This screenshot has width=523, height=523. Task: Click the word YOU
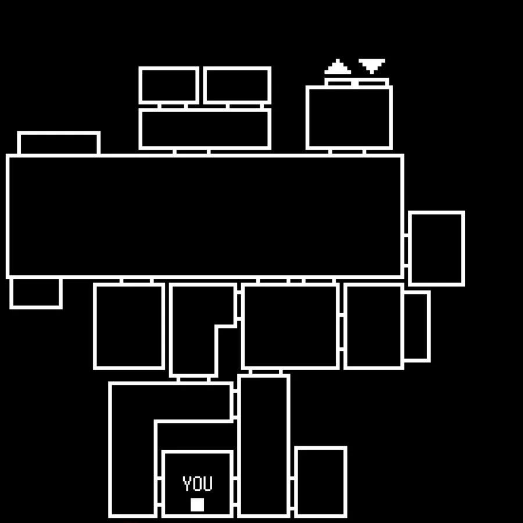point(198,483)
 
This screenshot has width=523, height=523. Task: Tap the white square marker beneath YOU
point(198,504)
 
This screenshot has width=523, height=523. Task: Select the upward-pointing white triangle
point(338,67)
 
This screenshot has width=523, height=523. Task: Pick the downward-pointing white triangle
point(372,65)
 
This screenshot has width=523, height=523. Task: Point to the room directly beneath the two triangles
point(349,117)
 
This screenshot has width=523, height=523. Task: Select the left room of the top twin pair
point(169,85)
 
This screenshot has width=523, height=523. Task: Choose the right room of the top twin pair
point(237,85)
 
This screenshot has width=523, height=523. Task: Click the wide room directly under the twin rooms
point(205,128)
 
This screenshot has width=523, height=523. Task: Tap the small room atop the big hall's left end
point(59,144)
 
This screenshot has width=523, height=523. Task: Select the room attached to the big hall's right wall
point(436,248)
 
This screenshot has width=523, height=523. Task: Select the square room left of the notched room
point(129,326)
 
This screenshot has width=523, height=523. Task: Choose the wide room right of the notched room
point(290,326)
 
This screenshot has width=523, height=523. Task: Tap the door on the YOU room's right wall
point(235,491)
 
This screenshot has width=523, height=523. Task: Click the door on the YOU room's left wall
point(159,491)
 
